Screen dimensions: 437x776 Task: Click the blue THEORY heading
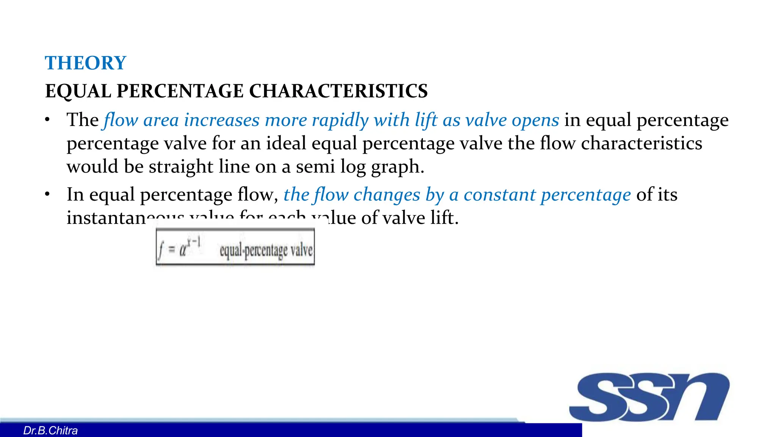point(85,63)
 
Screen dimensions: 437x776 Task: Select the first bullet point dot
point(47,120)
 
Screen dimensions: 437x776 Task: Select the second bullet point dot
point(47,195)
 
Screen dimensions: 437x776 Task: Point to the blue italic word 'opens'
point(535,120)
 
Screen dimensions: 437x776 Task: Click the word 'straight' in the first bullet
point(181,167)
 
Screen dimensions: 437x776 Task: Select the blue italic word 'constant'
point(499,195)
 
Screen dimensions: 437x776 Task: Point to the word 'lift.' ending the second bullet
point(444,218)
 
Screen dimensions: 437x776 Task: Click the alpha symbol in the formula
point(183,250)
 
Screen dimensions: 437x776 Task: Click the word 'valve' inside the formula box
point(302,250)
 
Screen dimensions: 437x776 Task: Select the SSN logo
point(649,397)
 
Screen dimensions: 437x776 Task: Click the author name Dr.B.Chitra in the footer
point(50,431)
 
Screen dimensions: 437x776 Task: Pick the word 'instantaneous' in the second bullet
point(110,218)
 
